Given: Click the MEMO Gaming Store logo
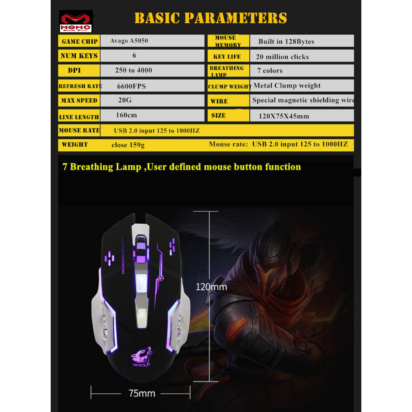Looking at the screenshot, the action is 76,21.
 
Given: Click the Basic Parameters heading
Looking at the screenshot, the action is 210,18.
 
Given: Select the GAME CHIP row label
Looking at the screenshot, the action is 80,41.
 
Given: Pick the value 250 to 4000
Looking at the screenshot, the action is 134,70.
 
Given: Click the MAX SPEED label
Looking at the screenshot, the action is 79,100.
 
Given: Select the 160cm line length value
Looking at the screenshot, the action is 126,115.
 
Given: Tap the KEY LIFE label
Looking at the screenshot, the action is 227,56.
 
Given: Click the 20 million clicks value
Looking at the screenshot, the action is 282,57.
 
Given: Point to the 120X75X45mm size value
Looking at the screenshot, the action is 284,116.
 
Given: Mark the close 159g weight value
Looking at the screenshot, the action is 128,145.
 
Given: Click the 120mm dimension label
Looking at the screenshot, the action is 211,287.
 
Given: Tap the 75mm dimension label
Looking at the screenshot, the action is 142,393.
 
